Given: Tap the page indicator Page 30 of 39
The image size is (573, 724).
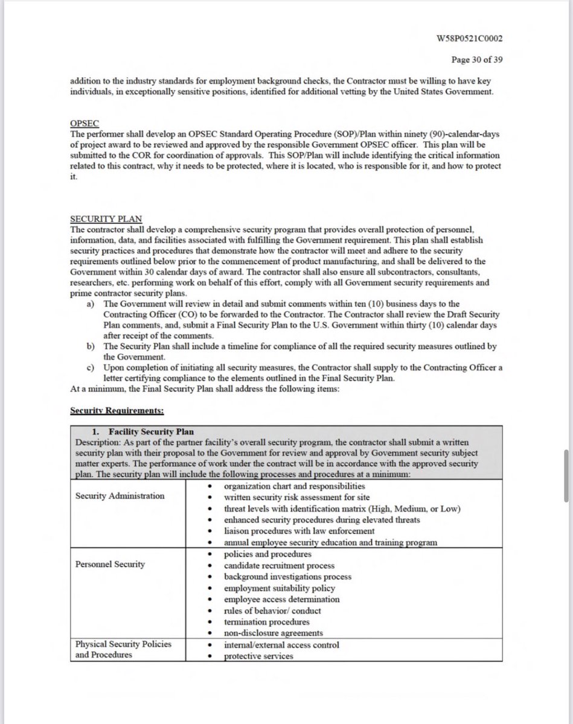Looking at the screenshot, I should tap(477, 60).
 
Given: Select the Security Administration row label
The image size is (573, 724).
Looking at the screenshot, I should tap(120, 496).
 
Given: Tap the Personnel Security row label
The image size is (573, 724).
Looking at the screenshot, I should tap(110, 565).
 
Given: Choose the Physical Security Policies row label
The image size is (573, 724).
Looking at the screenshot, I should tap(123, 644).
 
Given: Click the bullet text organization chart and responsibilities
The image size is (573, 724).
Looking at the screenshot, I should tap(294, 486).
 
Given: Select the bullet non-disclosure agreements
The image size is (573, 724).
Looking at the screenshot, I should tap(273, 633).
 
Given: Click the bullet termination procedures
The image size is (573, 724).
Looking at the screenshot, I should tap(266, 621).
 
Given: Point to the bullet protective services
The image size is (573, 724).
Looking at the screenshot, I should tap(258, 656).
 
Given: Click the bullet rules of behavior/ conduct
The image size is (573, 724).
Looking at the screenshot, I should tap(272, 611).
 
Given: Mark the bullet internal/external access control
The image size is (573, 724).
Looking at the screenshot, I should tap(281, 644).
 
